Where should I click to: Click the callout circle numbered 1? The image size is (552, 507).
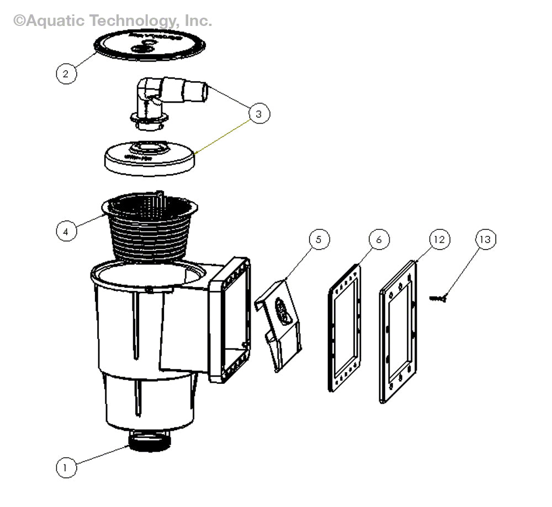[x=66, y=467]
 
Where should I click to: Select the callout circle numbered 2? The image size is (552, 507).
[x=66, y=73]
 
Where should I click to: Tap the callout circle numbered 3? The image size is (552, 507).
[x=259, y=114]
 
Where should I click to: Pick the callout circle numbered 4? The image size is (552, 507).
[x=66, y=231]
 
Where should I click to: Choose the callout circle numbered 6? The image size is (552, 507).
[x=379, y=239]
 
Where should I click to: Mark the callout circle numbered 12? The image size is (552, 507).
[x=439, y=239]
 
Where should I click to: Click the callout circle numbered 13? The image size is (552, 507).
[x=485, y=239]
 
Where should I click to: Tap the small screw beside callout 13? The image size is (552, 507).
[x=437, y=298]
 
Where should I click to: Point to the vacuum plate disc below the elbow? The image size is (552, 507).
[x=150, y=158]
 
